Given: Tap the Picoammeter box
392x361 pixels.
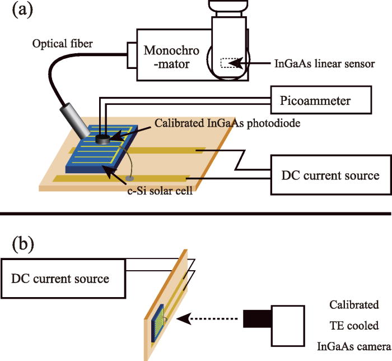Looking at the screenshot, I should [320, 101].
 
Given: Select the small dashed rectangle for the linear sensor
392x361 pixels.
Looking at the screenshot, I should [228, 64].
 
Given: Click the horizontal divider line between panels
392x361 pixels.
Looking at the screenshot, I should [196, 214].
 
